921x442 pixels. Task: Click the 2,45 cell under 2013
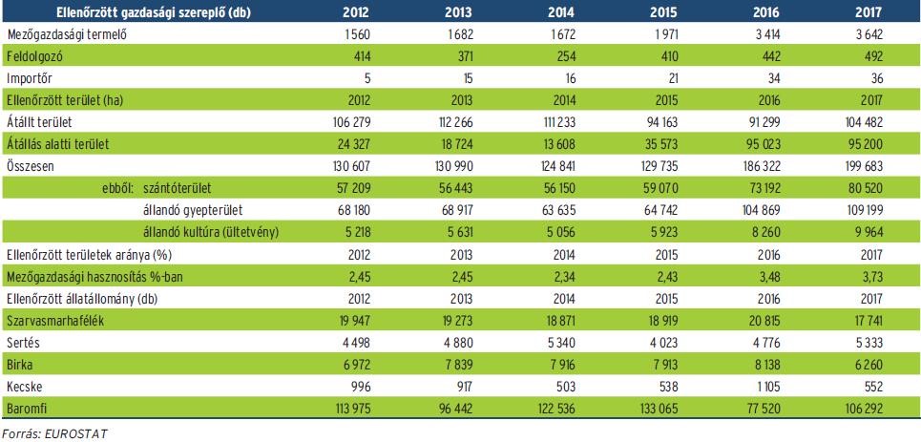coord(462,277)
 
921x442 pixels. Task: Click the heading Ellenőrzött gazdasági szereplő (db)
coord(107,11)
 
